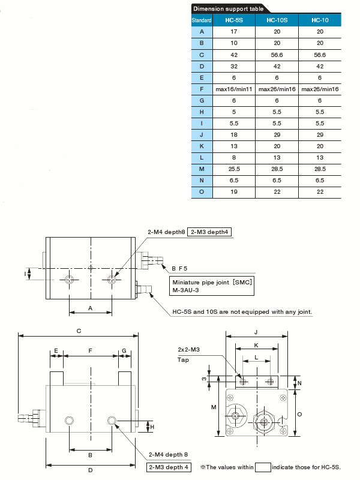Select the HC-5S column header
234,20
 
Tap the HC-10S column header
277,20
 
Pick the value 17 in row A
234,32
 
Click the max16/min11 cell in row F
234,89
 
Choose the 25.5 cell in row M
234,169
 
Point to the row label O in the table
202,192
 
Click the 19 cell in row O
234,192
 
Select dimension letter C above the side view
79,331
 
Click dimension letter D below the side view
91,470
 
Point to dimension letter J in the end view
256,332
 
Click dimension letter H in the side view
152,427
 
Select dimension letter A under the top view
91,307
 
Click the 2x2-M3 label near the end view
189,349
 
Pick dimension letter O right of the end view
301,413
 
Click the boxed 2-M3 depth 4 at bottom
170,467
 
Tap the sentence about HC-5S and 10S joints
242,312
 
